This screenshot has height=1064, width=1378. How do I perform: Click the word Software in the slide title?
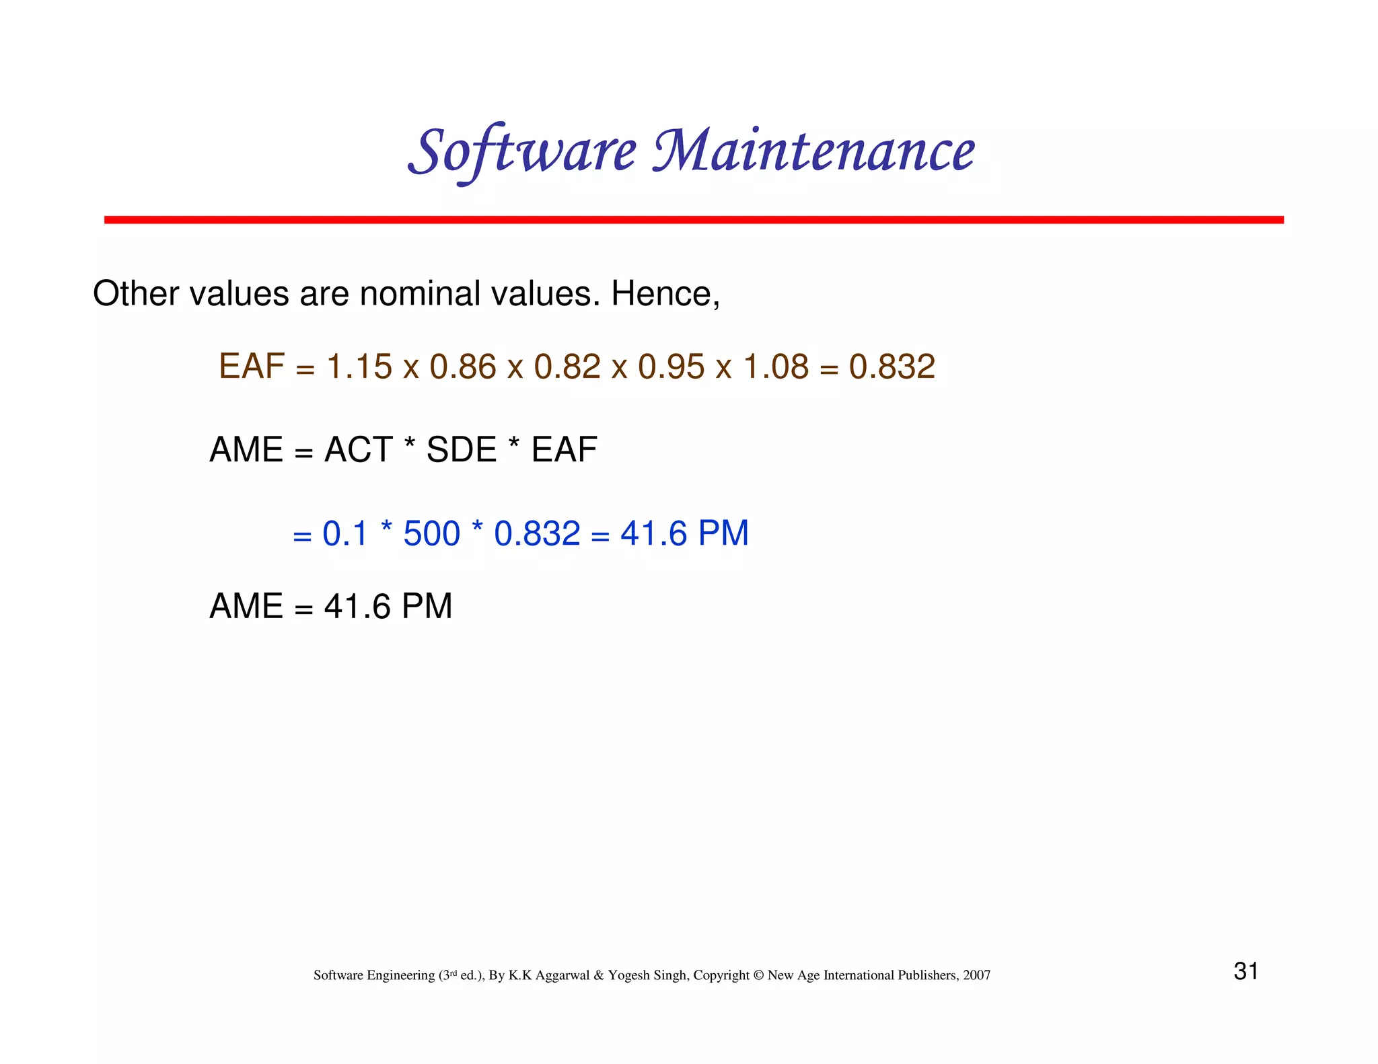(x=521, y=151)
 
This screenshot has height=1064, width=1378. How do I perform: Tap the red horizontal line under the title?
(x=693, y=220)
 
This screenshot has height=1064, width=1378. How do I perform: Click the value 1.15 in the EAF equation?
(x=359, y=367)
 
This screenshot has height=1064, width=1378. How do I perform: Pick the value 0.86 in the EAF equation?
(x=462, y=367)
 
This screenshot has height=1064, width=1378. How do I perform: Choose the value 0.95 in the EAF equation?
(x=671, y=367)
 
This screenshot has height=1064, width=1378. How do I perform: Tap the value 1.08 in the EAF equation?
(x=775, y=367)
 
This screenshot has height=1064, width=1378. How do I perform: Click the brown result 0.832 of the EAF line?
(x=892, y=367)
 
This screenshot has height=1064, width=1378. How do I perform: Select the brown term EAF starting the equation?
(x=252, y=367)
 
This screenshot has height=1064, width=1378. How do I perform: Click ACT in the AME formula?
(x=358, y=450)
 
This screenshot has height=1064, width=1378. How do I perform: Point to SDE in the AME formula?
(x=461, y=450)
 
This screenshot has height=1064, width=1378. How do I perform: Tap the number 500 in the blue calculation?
(x=431, y=534)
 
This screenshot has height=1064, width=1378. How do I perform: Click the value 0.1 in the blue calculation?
(x=344, y=534)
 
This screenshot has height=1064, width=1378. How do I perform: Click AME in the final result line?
(x=246, y=607)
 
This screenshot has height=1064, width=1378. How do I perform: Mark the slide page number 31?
(x=1245, y=971)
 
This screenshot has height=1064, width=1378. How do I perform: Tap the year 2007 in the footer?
(x=976, y=975)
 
